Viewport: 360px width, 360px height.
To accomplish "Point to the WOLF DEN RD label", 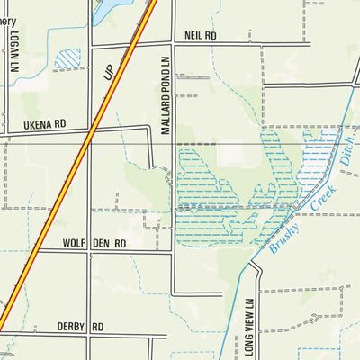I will click(x=94, y=244).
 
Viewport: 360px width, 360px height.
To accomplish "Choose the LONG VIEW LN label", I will click(x=249, y=328).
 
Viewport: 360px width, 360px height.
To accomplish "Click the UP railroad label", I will click(x=111, y=73).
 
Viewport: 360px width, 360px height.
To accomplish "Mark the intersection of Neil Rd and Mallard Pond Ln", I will click(x=173, y=43).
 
